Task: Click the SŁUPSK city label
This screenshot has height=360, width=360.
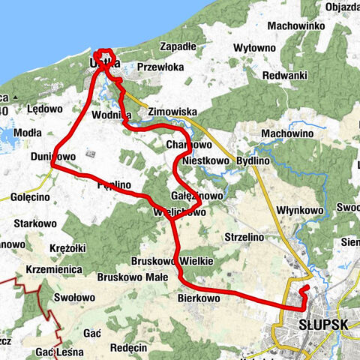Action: pos(323,325)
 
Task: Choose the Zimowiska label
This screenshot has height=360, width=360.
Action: pos(171,110)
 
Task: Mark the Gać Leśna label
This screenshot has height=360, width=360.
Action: pos(55,350)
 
